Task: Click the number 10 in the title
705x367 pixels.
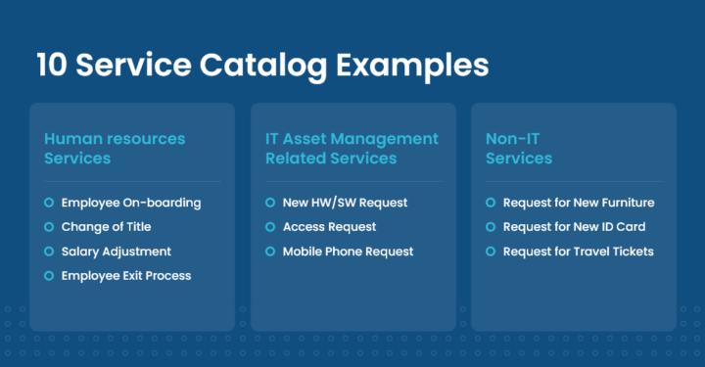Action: tap(53, 66)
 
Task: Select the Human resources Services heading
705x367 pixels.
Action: tap(115, 148)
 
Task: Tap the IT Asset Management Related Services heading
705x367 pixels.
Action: tap(352, 148)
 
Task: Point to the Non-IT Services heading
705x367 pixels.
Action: tap(519, 148)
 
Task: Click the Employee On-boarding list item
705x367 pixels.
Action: tap(130, 203)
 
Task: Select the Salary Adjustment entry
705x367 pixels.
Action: tap(116, 252)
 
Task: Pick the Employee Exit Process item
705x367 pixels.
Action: tap(125, 276)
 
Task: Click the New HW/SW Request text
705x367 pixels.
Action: tap(345, 203)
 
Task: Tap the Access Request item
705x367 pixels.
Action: tap(330, 227)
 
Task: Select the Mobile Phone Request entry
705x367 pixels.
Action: tap(348, 252)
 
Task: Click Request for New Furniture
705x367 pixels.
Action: tap(578, 203)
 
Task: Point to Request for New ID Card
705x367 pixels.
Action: tap(574, 227)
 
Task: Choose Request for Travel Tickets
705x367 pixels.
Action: tap(578, 252)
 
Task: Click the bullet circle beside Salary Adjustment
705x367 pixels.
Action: tap(49, 252)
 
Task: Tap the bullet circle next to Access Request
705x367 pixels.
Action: tap(270, 227)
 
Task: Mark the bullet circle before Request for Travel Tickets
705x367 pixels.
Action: tap(491, 252)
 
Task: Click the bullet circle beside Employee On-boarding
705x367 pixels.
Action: tap(49, 203)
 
